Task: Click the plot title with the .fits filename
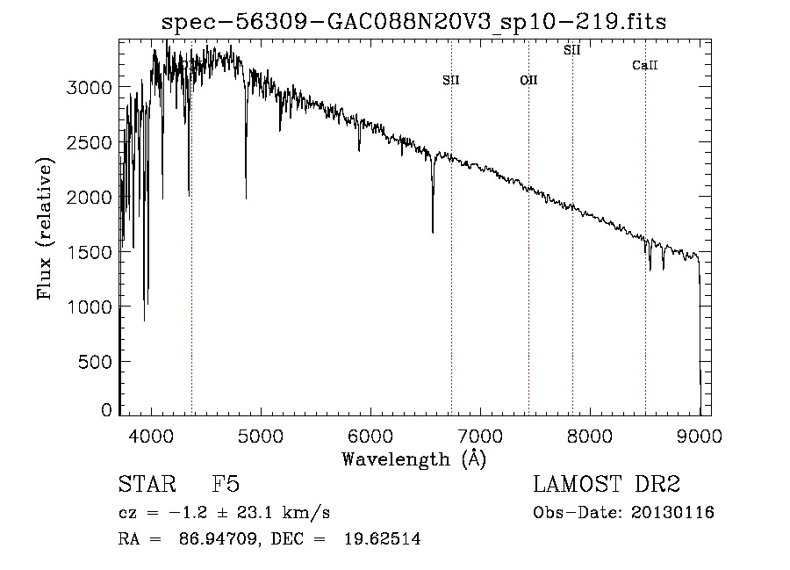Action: pos(413,23)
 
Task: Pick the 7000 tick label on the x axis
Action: pos(480,435)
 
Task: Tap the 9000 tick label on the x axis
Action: pos(700,435)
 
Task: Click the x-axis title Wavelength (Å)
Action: pos(413,458)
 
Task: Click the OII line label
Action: pos(528,81)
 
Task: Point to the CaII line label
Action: pos(645,66)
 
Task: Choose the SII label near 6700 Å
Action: pos(451,81)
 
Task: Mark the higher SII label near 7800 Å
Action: pos(572,51)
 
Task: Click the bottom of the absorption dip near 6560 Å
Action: pos(433,232)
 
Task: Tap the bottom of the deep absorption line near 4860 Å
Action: pos(246,197)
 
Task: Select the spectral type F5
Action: pos(226,484)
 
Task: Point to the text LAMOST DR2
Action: pos(607,484)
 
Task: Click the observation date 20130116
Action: pos(672,513)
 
